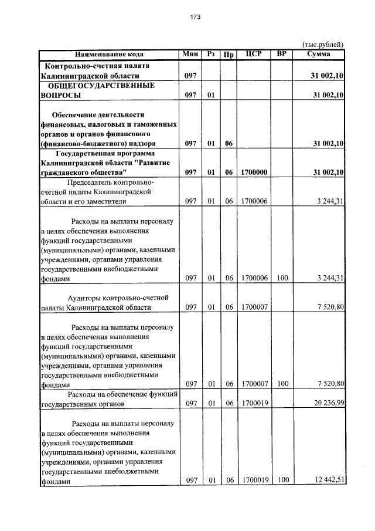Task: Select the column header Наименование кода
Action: point(109,54)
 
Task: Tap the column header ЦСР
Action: point(254,54)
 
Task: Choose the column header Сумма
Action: point(318,54)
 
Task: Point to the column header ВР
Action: point(281,54)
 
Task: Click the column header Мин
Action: point(190,54)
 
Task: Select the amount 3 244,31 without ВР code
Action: point(329,202)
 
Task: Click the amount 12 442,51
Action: point(328,481)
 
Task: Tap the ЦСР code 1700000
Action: point(254,173)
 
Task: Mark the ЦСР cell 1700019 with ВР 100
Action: point(254,481)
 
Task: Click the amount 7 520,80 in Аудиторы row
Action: point(329,307)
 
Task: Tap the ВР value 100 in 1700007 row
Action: point(282,384)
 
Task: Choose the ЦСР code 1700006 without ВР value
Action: point(254,202)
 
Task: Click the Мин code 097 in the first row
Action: point(190,76)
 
